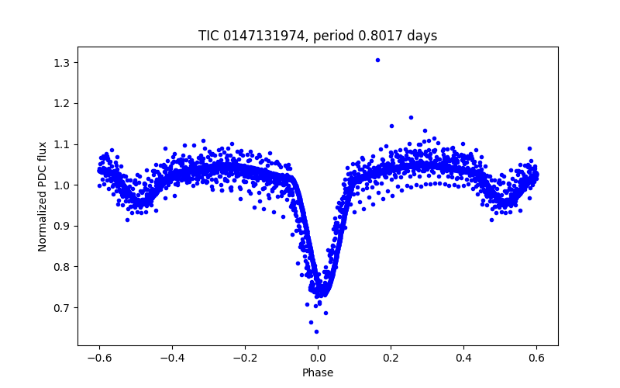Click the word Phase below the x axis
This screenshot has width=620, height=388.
(x=318, y=373)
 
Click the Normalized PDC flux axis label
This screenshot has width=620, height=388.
(x=43, y=196)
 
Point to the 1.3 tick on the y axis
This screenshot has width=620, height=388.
(x=64, y=62)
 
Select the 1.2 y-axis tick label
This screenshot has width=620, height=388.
(x=64, y=103)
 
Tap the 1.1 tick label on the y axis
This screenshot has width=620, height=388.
(x=64, y=144)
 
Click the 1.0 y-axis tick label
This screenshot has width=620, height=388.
(x=64, y=185)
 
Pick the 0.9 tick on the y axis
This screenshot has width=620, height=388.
(x=64, y=226)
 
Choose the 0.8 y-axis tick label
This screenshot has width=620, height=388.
(x=64, y=267)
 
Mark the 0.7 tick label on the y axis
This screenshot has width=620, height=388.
(x=64, y=308)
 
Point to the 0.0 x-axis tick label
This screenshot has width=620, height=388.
(x=318, y=358)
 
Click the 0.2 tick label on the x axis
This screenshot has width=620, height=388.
(x=391, y=358)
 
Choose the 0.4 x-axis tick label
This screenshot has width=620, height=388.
(x=463, y=358)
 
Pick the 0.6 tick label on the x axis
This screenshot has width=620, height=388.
(x=536, y=358)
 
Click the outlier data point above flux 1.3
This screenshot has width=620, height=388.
(x=377, y=60)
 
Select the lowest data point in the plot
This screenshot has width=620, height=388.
(x=316, y=331)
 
